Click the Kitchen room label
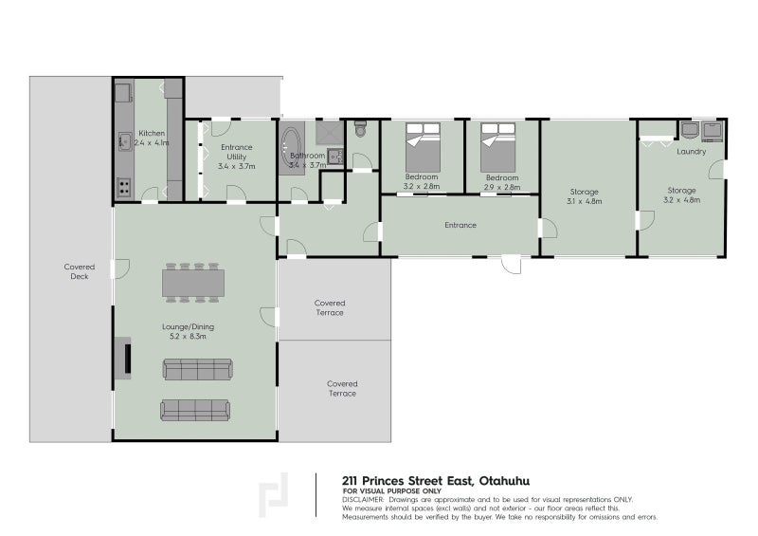click(x=152, y=133)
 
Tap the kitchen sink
click(x=124, y=142)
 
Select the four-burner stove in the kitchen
click(x=124, y=187)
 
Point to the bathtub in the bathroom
click(x=292, y=149)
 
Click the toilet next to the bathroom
click(x=360, y=129)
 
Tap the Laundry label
click(x=691, y=151)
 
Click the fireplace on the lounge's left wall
click(x=124, y=358)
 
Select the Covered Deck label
click(x=80, y=272)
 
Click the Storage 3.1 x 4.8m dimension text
click(x=585, y=202)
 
